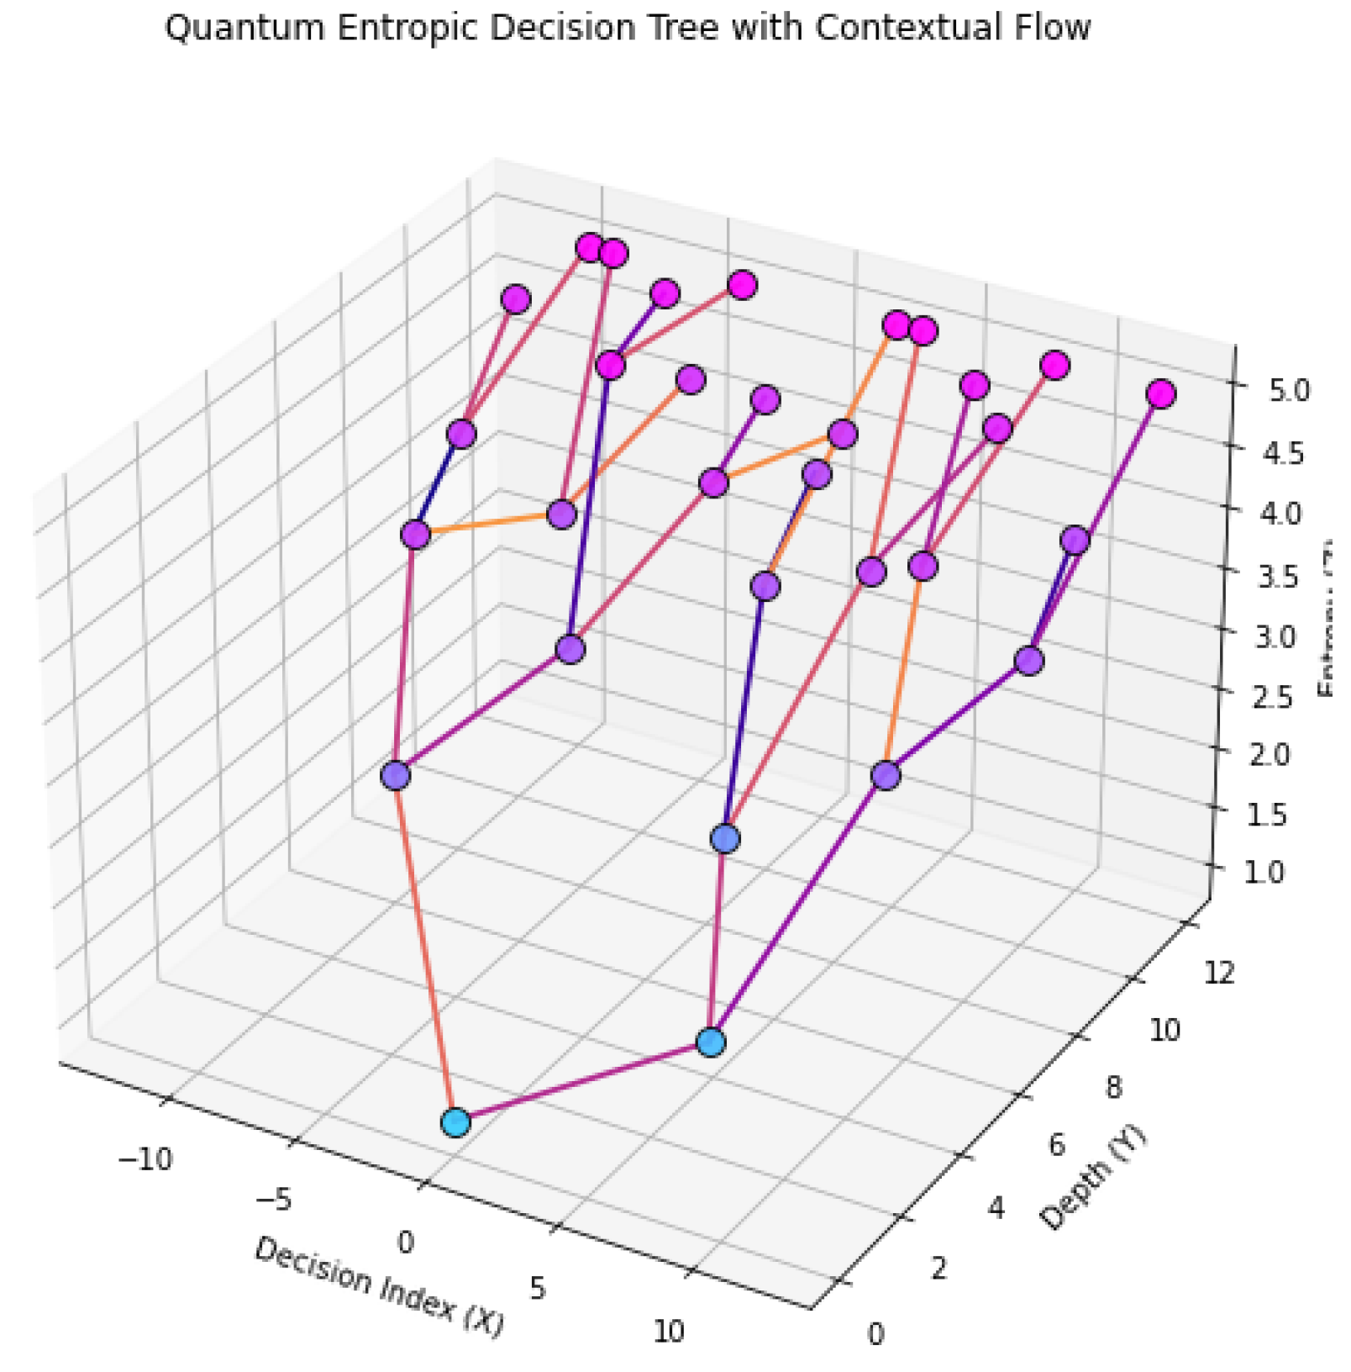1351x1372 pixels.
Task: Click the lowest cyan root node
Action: (x=455, y=1121)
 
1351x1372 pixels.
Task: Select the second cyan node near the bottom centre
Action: (x=711, y=1042)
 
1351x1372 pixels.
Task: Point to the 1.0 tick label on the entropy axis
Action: (x=1264, y=872)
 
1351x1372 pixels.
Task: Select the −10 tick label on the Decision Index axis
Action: (x=145, y=1160)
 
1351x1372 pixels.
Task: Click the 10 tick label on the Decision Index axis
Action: (x=668, y=1332)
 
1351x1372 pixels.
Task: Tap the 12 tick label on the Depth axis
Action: (x=1219, y=973)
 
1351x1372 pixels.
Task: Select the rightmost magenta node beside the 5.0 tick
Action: (x=1160, y=394)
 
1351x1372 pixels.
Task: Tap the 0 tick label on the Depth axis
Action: (x=875, y=1334)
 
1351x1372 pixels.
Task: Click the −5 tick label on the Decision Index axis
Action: (x=274, y=1200)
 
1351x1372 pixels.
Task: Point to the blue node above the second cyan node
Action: (x=725, y=838)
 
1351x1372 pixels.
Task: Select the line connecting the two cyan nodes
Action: (x=583, y=1083)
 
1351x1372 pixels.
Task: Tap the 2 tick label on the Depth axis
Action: (x=938, y=1269)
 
